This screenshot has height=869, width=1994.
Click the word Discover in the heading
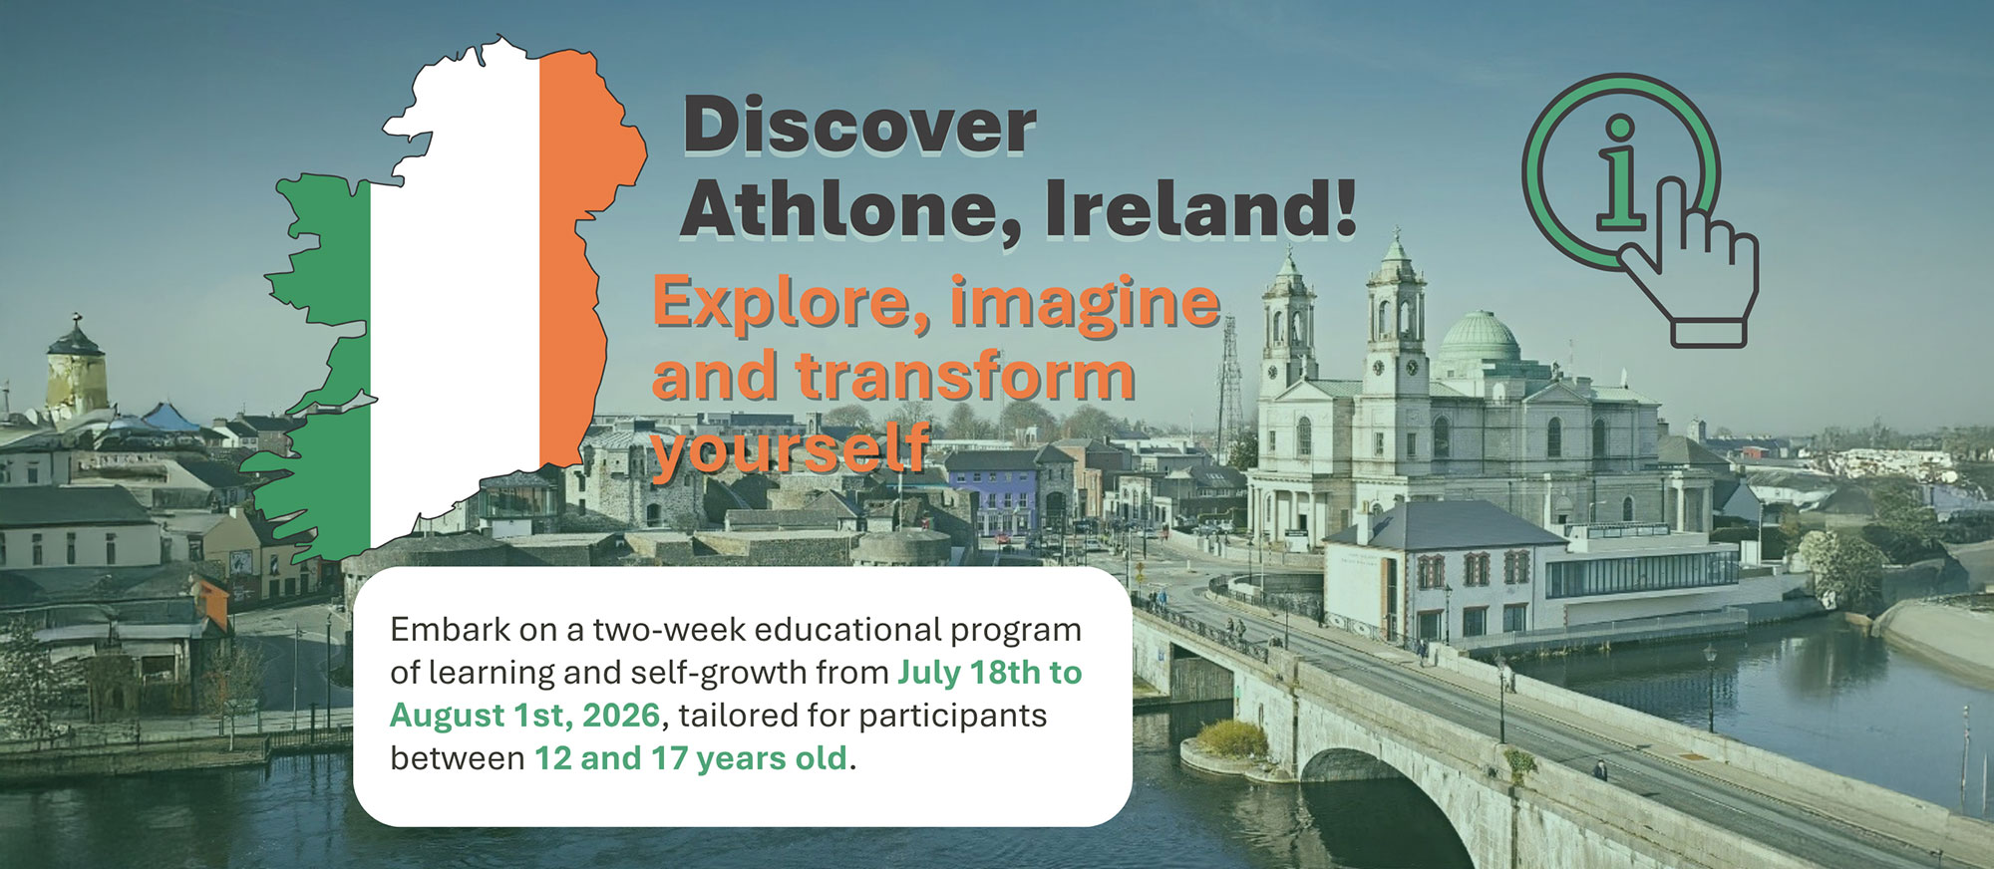coord(859,127)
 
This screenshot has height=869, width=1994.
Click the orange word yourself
coord(790,448)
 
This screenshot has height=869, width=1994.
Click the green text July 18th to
coord(989,673)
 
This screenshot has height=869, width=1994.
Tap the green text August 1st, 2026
coord(524,716)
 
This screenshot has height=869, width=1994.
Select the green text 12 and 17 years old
coord(691,758)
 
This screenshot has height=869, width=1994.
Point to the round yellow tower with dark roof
coord(77,374)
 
